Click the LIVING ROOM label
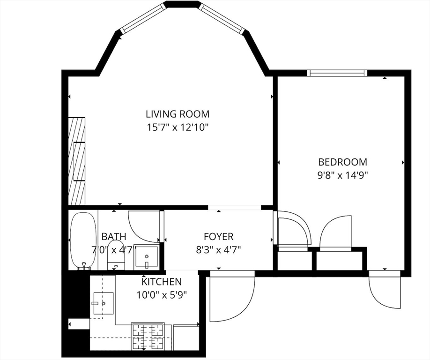click(178, 113)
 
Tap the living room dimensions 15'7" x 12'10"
click(178, 127)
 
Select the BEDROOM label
click(342, 162)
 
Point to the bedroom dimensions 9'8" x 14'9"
click(342, 175)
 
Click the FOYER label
click(219, 236)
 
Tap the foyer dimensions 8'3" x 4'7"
click(219, 250)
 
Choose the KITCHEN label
click(162, 282)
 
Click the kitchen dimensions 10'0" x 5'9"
click(162, 295)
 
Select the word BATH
click(114, 236)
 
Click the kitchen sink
click(103, 303)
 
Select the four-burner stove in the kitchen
click(148, 337)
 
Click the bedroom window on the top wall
click(337, 73)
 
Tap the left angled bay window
click(143, 18)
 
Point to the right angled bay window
click(222, 18)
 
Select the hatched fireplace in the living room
click(76, 161)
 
